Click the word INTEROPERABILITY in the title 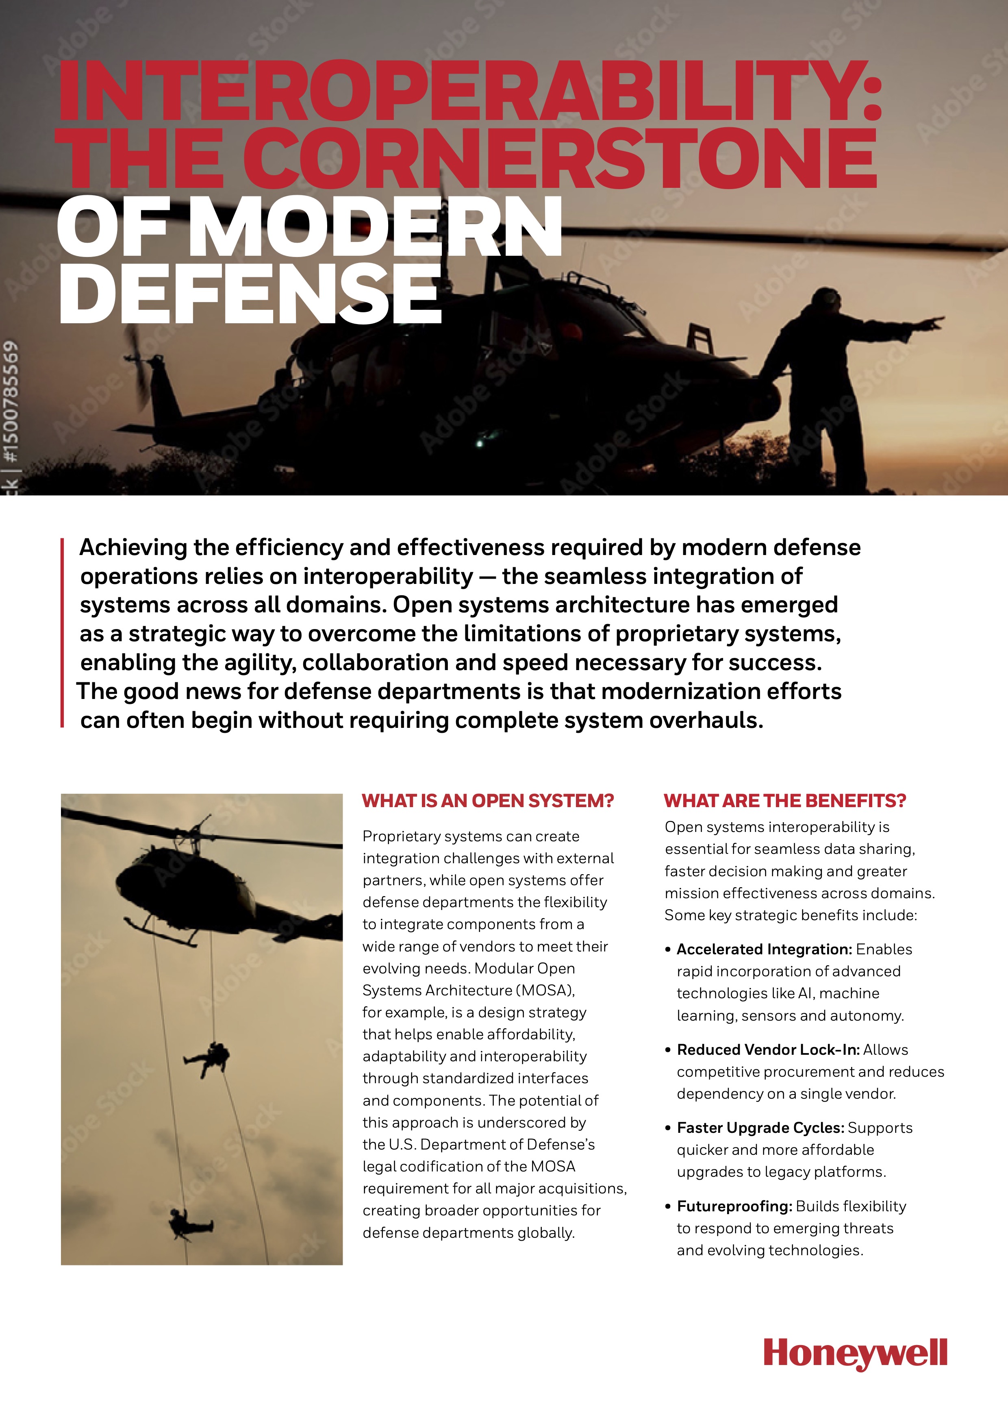pos(469,92)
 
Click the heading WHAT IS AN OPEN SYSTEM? pos(487,801)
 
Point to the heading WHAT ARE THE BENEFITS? pos(784,801)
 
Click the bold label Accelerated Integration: pos(763,949)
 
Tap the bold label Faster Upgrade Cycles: pos(760,1128)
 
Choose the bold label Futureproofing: pos(734,1206)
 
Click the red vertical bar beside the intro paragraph pos(62,632)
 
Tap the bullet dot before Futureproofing pos(668,1207)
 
